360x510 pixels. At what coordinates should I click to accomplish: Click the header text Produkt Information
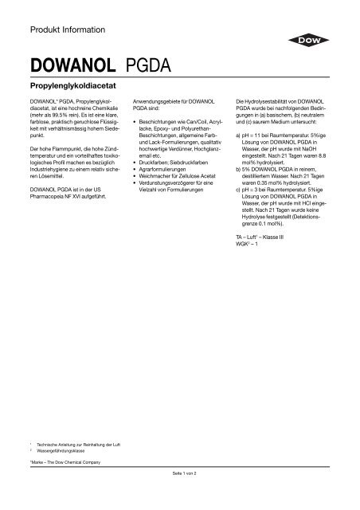point(67,30)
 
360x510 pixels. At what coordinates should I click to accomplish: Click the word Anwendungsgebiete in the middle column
point(168,104)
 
